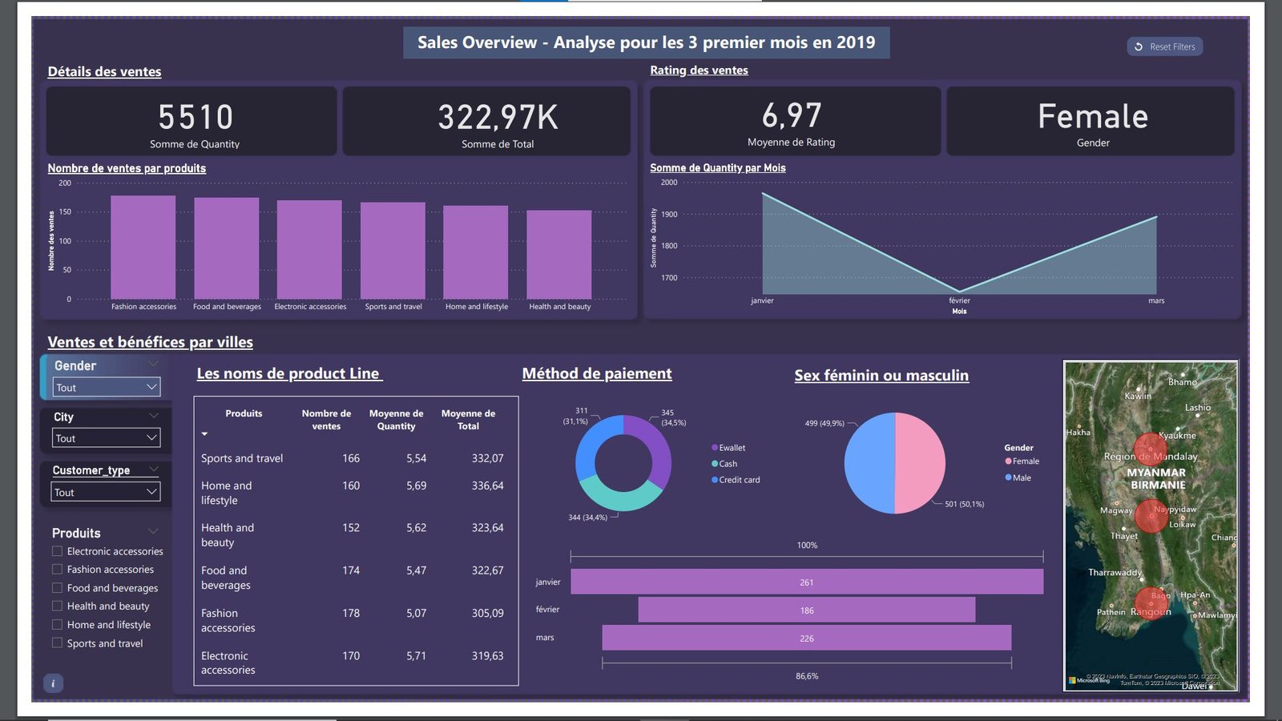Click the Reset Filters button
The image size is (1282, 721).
click(1164, 46)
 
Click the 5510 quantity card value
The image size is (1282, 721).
click(196, 117)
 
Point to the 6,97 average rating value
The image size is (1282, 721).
click(792, 115)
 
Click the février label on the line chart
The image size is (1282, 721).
click(959, 301)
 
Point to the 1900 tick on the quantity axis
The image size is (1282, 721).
click(669, 215)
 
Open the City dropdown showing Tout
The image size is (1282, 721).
click(107, 438)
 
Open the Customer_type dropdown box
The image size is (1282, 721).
click(107, 492)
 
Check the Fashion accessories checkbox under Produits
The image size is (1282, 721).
click(57, 569)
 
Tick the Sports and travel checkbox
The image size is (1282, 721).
click(57, 642)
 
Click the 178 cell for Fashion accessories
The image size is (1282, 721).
click(351, 613)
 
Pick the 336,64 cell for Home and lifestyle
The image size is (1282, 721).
click(487, 485)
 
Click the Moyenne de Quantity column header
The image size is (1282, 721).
click(396, 420)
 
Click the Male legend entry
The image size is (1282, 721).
click(1021, 477)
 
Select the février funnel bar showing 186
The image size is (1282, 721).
click(806, 610)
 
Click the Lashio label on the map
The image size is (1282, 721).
click(1198, 408)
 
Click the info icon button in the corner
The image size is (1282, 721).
click(53, 683)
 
